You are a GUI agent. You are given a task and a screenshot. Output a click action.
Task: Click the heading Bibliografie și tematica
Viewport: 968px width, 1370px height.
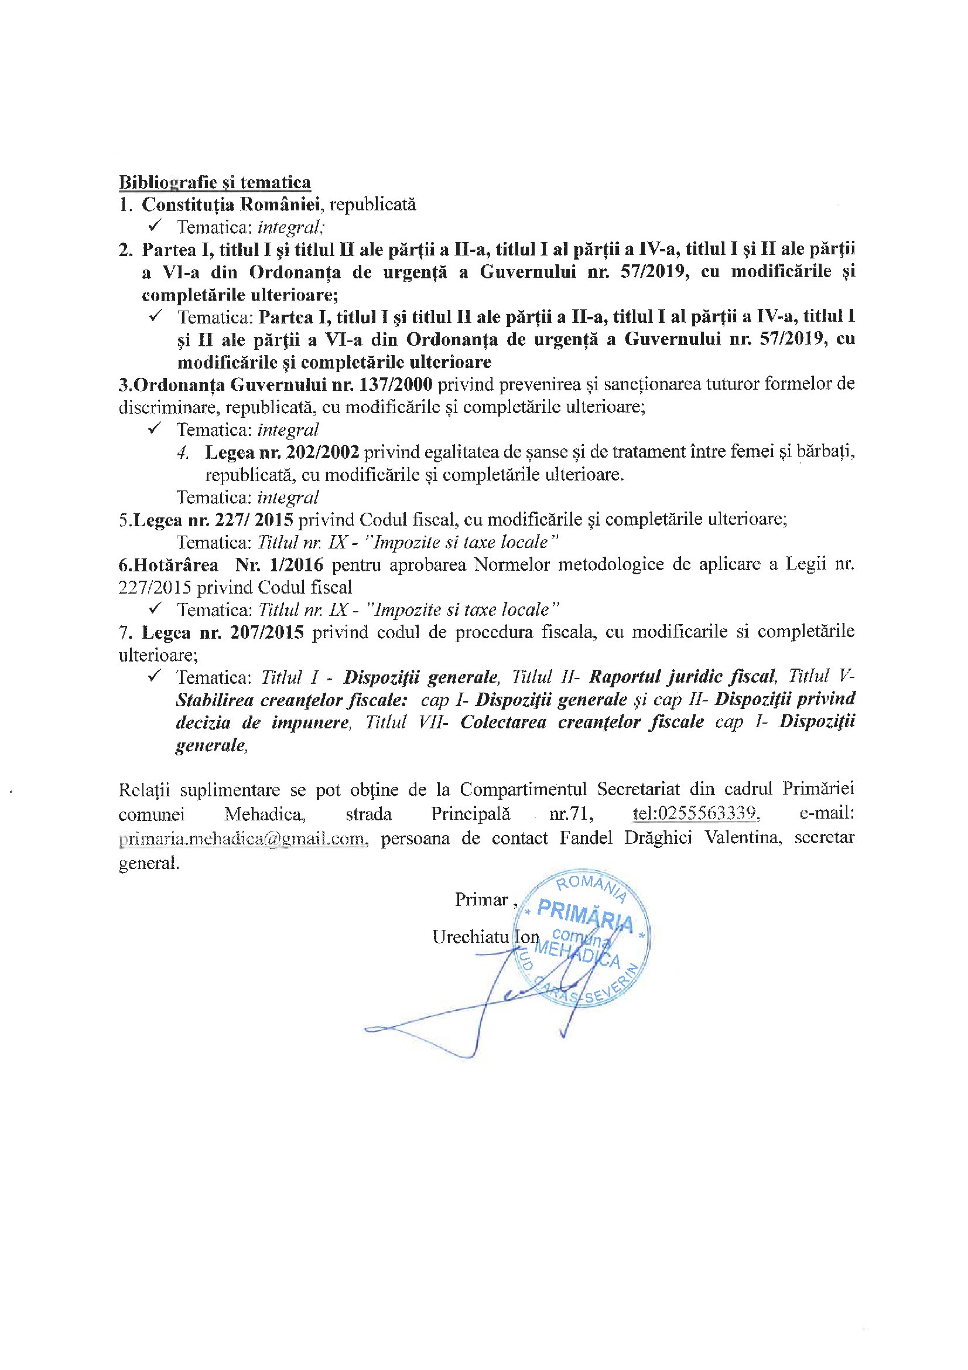(x=215, y=182)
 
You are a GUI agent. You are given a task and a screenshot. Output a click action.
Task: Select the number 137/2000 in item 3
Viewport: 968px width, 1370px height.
(x=395, y=384)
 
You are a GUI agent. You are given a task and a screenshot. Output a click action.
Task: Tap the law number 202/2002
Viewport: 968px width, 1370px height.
(x=323, y=452)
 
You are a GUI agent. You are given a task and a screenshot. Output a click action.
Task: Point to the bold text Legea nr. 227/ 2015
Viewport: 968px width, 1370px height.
(x=214, y=520)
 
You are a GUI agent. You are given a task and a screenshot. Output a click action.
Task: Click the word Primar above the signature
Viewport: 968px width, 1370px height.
(x=481, y=900)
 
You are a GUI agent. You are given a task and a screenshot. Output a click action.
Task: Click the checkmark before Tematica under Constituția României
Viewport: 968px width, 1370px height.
(x=156, y=227)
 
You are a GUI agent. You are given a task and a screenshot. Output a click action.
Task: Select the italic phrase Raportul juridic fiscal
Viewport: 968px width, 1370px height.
(x=683, y=677)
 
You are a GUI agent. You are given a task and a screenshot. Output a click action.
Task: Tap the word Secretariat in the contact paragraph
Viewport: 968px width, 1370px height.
(x=638, y=789)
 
